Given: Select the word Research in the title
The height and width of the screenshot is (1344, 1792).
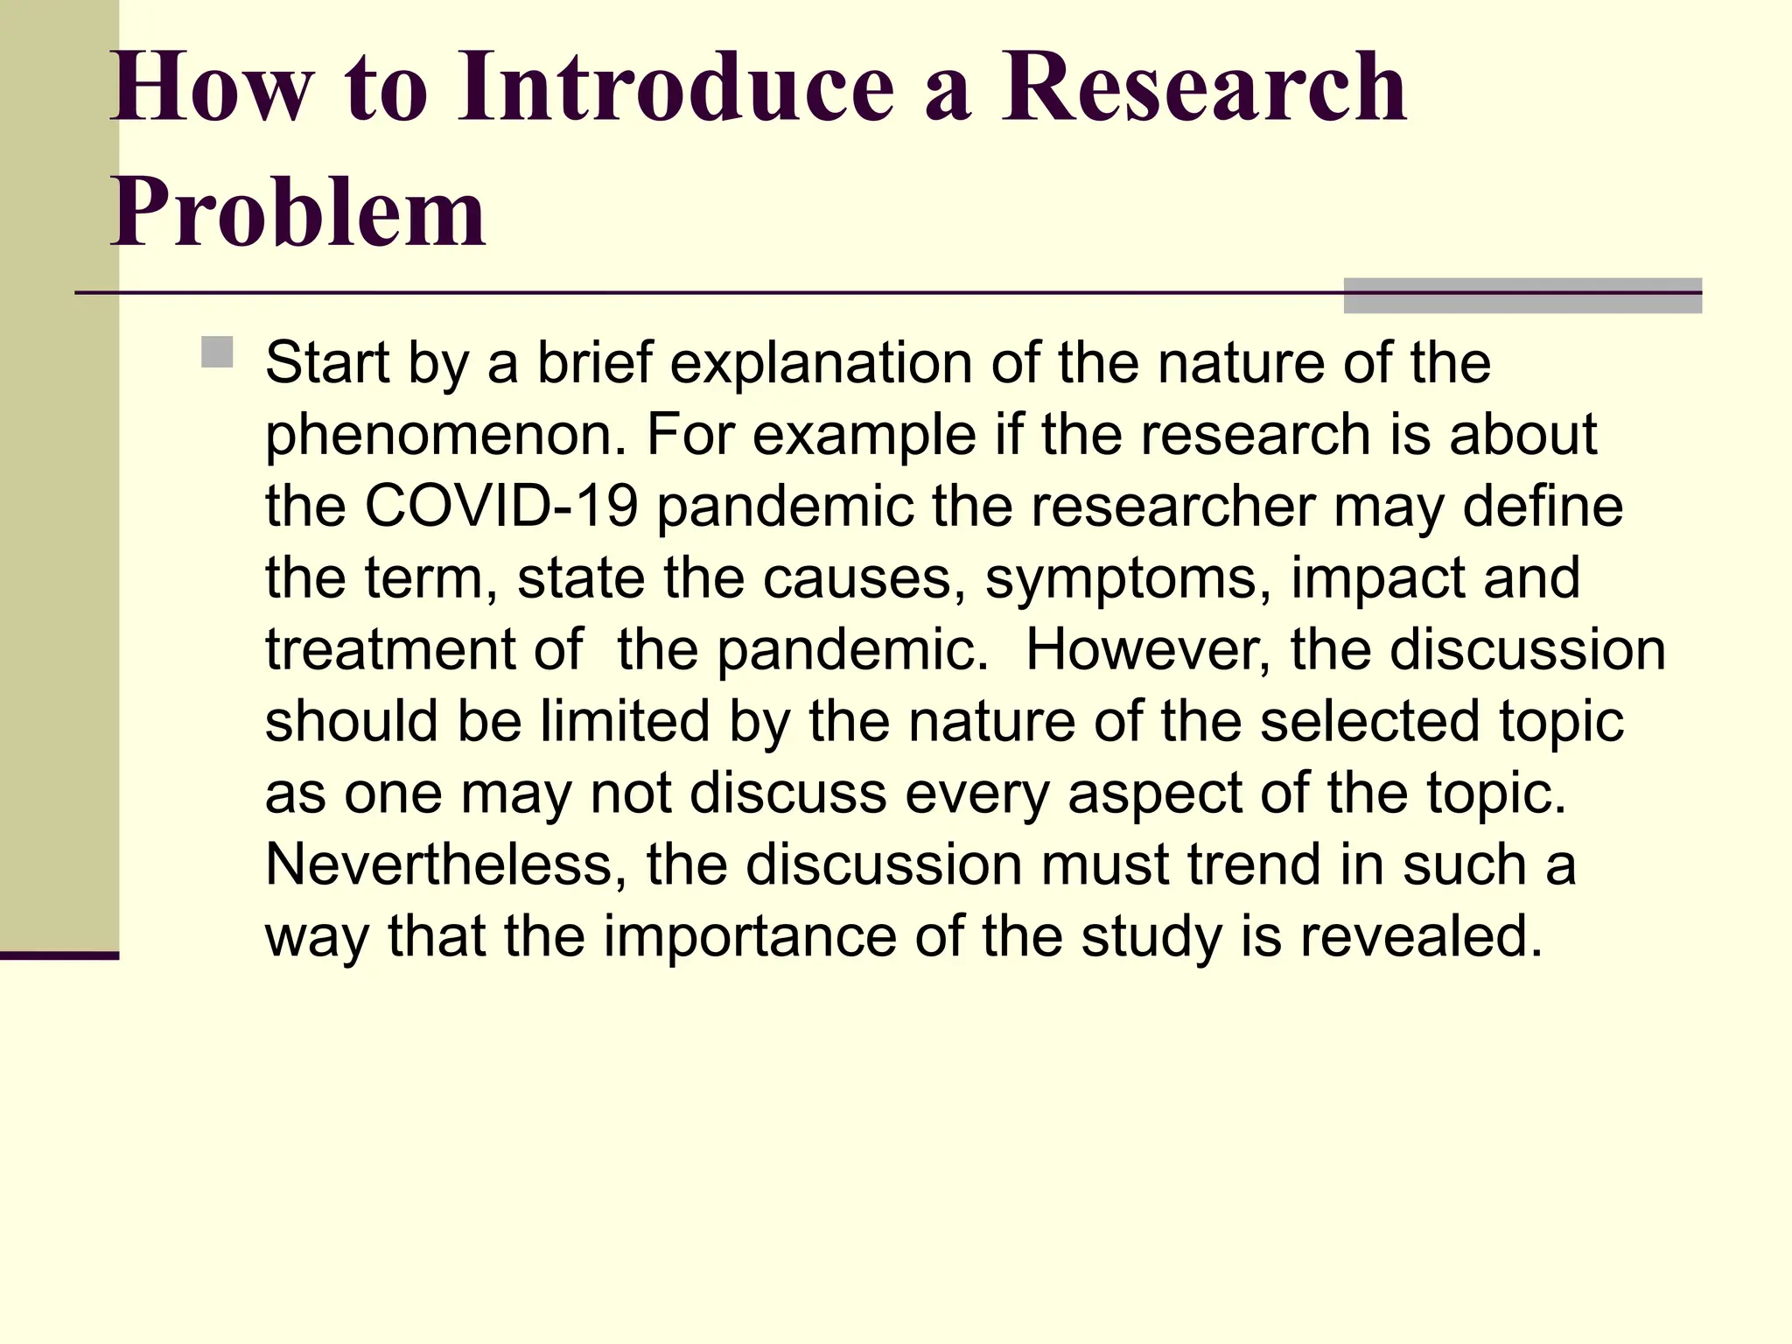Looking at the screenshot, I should pos(1204,87).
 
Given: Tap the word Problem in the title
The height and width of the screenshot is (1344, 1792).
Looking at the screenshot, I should pos(297,213).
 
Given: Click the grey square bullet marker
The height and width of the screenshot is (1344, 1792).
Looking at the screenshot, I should pos(217,352).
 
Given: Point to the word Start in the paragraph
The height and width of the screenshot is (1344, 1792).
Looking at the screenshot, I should pos(326,363).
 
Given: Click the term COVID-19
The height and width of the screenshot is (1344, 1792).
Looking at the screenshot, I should pos(500,507).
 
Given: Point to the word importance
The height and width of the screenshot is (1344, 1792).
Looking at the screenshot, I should pos(750,937).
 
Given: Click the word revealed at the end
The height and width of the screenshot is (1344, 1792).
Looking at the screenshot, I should pos(1420,937).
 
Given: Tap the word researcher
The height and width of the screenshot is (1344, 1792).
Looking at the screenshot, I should pos(1172,507).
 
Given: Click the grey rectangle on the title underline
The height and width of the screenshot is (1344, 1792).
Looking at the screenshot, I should pos(1522,296).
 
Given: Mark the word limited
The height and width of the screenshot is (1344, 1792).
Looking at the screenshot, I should pos(624,722).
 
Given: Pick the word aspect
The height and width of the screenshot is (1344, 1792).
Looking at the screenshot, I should pos(1154,794).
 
